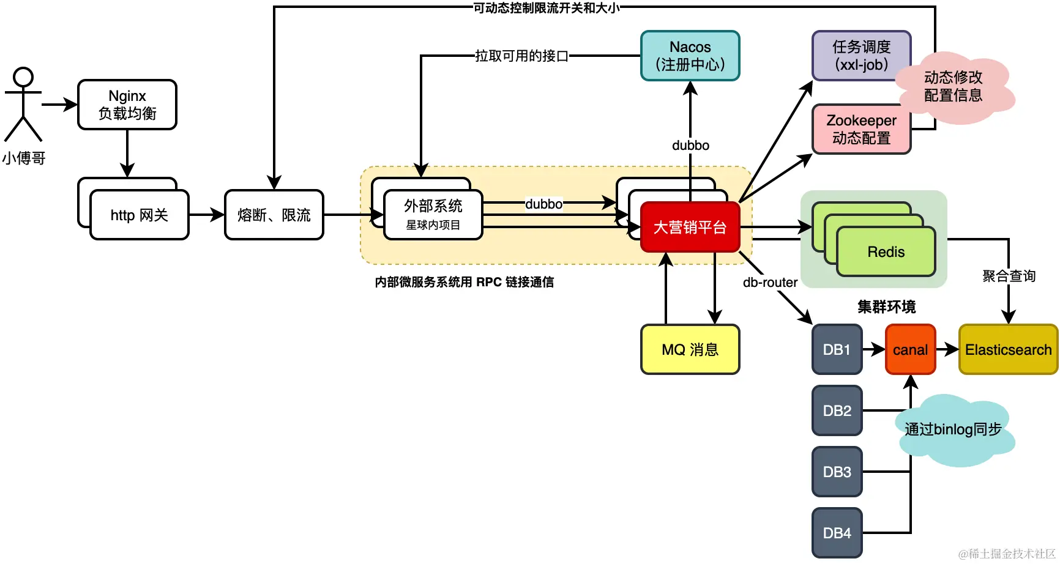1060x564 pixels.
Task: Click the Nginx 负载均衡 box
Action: tap(127, 105)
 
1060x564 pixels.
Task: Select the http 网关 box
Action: tap(140, 215)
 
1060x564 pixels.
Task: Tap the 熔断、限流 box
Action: tap(274, 215)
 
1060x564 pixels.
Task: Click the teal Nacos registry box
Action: tap(690, 56)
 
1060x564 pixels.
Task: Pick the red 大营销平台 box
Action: tap(690, 227)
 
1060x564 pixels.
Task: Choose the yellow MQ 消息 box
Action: tap(690, 349)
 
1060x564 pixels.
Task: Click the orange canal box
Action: tap(910, 349)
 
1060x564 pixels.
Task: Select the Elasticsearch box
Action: tap(1008, 349)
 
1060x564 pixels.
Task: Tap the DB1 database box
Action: tap(837, 349)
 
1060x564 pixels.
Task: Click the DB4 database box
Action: tap(837, 533)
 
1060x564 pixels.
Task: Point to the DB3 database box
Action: tap(837, 472)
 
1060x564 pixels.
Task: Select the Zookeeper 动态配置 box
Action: tap(861, 129)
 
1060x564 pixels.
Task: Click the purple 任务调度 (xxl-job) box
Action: tap(861, 56)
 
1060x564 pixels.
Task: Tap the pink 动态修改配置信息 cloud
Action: tap(954, 86)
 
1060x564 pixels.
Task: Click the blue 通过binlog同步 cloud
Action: tap(954, 429)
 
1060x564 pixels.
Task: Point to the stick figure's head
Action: tap(23, 77)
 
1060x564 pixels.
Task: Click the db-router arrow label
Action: tap(770, 282)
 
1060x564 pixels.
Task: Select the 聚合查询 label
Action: tap(1009, 276)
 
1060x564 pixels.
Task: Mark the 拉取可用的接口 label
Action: tap(521, 56)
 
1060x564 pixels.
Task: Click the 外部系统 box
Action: tap(433, 215)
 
